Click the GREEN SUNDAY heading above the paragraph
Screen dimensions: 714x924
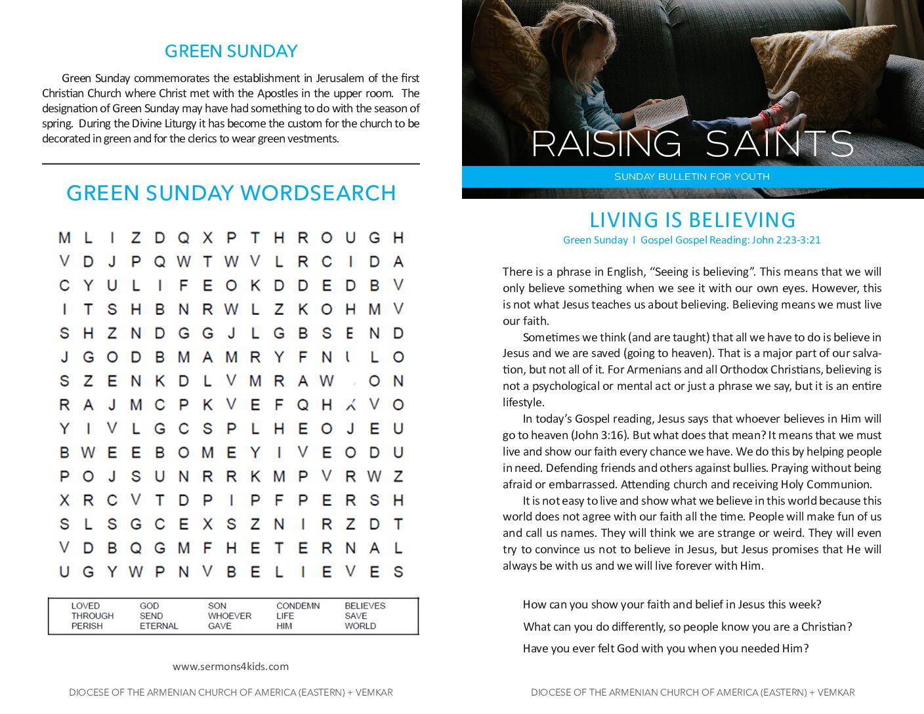coord(231,51)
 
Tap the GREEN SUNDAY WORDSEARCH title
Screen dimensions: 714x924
coord(231,193)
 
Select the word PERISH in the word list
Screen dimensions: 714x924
coord(87,626)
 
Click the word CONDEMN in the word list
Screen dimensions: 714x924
coord(298,606)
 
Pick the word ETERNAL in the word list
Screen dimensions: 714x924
coord(159,626)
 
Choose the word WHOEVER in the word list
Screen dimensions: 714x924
coord(230,616)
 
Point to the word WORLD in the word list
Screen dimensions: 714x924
coord(360,626)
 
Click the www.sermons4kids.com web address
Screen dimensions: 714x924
coord(230,666)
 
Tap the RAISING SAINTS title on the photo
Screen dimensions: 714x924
coord(692,144)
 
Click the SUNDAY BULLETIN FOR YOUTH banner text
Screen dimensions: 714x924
coord(692,177)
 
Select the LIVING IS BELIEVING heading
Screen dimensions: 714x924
coord(692,220)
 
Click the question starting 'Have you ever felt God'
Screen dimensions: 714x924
coord(665,648)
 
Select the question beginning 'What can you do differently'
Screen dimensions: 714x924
coord(687,627)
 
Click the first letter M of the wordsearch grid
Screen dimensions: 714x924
coord(64,238)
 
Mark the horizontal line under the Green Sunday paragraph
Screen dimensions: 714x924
coord(231,163)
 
